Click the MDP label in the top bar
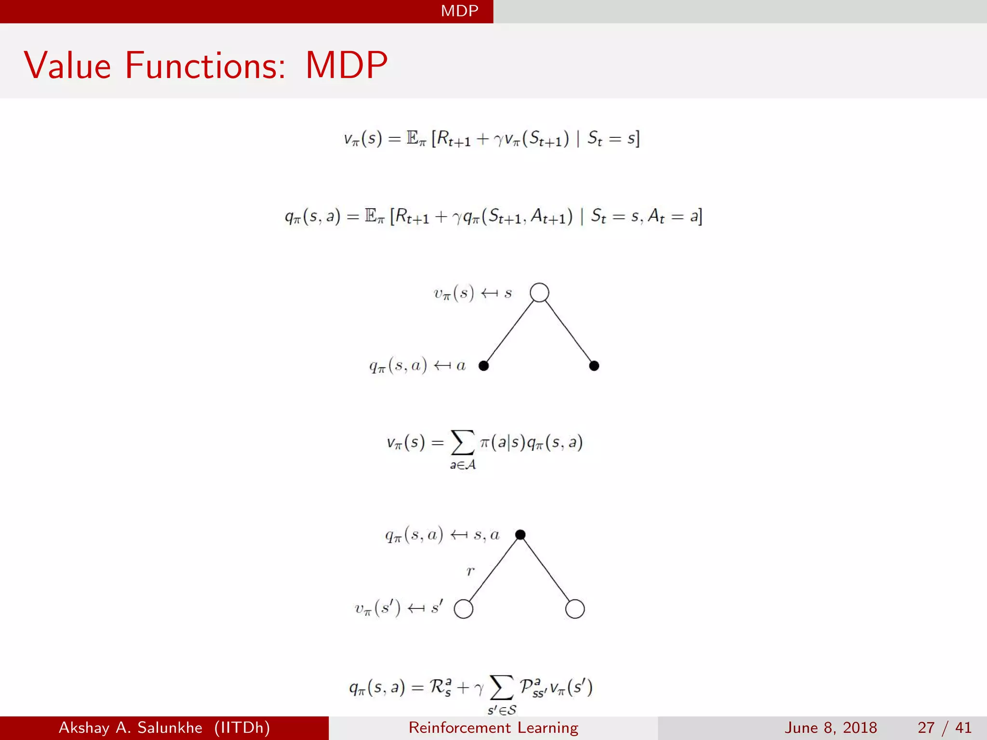tap(459, 11)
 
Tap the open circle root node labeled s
tap(539, 292)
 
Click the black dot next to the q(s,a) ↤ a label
tap(484, 366)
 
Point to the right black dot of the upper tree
tap(594, 366)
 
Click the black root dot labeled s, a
tap(520, 534)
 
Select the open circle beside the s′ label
tap(464, 609)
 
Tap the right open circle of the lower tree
tap(575, 609)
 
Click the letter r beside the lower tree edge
tap(470, 571)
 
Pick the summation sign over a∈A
tap(462, 442)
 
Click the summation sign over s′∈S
tap(501, 687)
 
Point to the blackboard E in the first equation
tap(413, 138)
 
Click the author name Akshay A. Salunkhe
tap(130, 727)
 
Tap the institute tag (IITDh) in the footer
tap(242, 727)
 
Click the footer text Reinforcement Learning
tap(493, 727)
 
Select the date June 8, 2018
tap(830, 727)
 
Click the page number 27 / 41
tap(944, 727)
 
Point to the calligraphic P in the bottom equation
tap(526, 686)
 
